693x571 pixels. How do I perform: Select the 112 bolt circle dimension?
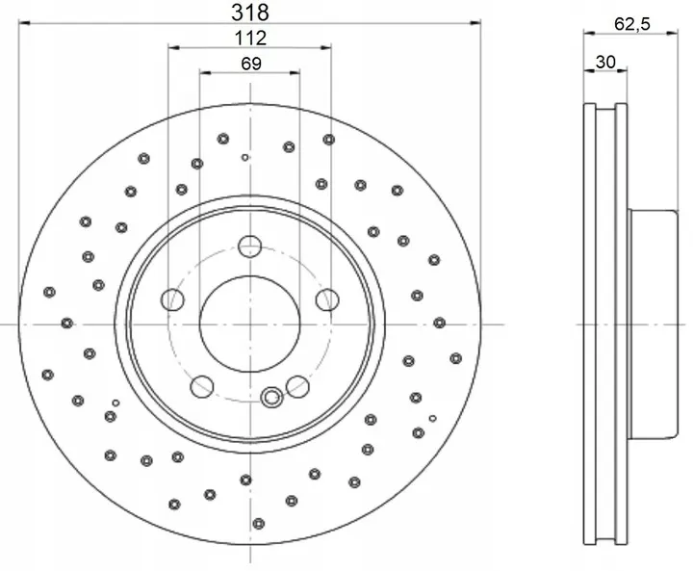tap(250, 39)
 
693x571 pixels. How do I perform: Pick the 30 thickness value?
tap(605, 63)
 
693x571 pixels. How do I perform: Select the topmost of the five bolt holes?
tap(250, 245)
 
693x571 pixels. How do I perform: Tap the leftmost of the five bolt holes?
tap(173, 298)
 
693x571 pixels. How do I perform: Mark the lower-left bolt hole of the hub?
tap(201, 387)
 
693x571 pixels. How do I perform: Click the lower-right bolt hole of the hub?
tap(298, 387)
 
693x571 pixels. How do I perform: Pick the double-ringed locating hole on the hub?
tap(271, 394)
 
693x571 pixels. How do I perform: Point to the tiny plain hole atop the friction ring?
tap(245, 157)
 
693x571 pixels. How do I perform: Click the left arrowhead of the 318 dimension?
tap(24, 23)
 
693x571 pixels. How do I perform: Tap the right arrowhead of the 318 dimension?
tap(475, 23)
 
